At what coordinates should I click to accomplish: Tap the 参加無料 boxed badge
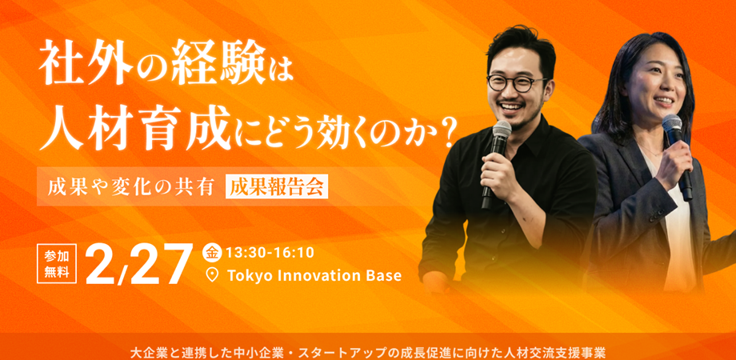[x=57, y=262]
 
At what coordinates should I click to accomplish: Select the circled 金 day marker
[x=212, y=252]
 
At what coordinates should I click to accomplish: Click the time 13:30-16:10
[x=270, y=252]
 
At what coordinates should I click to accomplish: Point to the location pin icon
[x=212, y=275]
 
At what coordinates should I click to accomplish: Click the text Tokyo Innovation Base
[x=314, y=275]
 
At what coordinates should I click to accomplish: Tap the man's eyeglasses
[x=517, y=83]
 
